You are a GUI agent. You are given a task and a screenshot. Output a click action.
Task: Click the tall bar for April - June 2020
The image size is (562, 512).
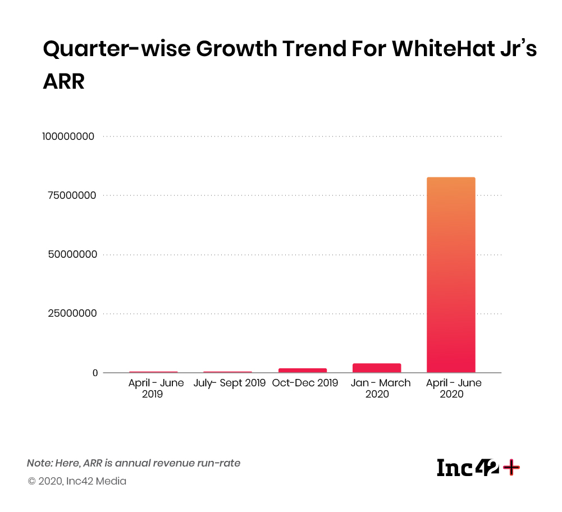point(451,275)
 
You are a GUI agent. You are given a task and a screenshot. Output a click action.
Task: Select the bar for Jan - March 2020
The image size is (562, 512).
point(377,368)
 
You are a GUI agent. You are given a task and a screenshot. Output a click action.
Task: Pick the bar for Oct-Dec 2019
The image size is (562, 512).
point(303,370)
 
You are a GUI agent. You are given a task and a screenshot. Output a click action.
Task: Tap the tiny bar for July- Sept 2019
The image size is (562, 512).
point(227,372)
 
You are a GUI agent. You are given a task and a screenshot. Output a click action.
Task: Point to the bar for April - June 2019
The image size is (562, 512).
point(153,372)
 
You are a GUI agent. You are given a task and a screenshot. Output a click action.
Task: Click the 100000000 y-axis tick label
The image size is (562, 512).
point(68,136)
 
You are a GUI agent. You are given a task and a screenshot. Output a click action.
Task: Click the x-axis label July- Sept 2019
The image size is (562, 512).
point(230,383)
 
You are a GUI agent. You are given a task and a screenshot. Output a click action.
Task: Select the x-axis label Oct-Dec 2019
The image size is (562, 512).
point(305,383)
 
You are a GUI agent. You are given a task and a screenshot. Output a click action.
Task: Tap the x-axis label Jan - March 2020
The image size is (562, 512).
point(380,388)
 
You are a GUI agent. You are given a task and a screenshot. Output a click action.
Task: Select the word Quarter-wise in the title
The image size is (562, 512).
point(116,49)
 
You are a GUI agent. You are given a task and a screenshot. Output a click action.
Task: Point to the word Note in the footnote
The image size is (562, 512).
point(38,464)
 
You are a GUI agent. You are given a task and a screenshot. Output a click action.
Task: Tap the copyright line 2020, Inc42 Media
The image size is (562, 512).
point(77,481)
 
